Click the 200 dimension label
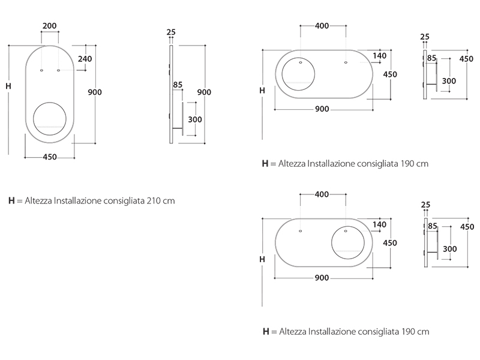(x=50, y=26)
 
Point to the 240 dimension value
(x=85, y=59)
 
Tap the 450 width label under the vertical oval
(x=49, y=157)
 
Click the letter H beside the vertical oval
(x=8, y=86)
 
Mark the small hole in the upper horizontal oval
(x=346, y=62)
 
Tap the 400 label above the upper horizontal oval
(x=322, y=26)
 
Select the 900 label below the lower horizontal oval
(x=322, y=278)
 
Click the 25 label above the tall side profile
(x=171, y=32)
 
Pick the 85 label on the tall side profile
(x=177, y=85)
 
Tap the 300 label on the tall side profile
(x=195, y=119)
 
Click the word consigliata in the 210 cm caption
(x=119, y=201)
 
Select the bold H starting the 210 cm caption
(x=11, y=201)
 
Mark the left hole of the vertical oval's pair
(x=41, y=71)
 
